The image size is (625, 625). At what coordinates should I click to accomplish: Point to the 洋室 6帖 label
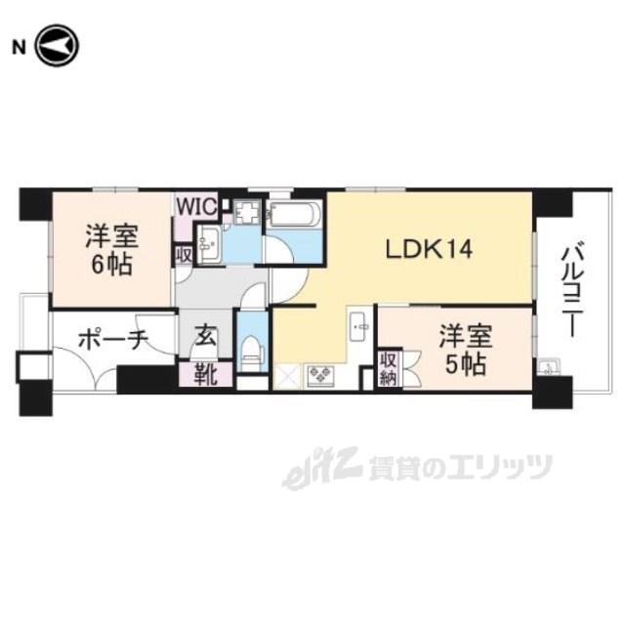110,249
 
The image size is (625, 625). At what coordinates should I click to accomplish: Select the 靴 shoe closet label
204,373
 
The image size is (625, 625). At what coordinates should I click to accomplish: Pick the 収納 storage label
389,367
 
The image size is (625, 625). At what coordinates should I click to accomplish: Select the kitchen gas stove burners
320,374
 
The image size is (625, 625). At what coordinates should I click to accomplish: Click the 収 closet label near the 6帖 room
183,253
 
